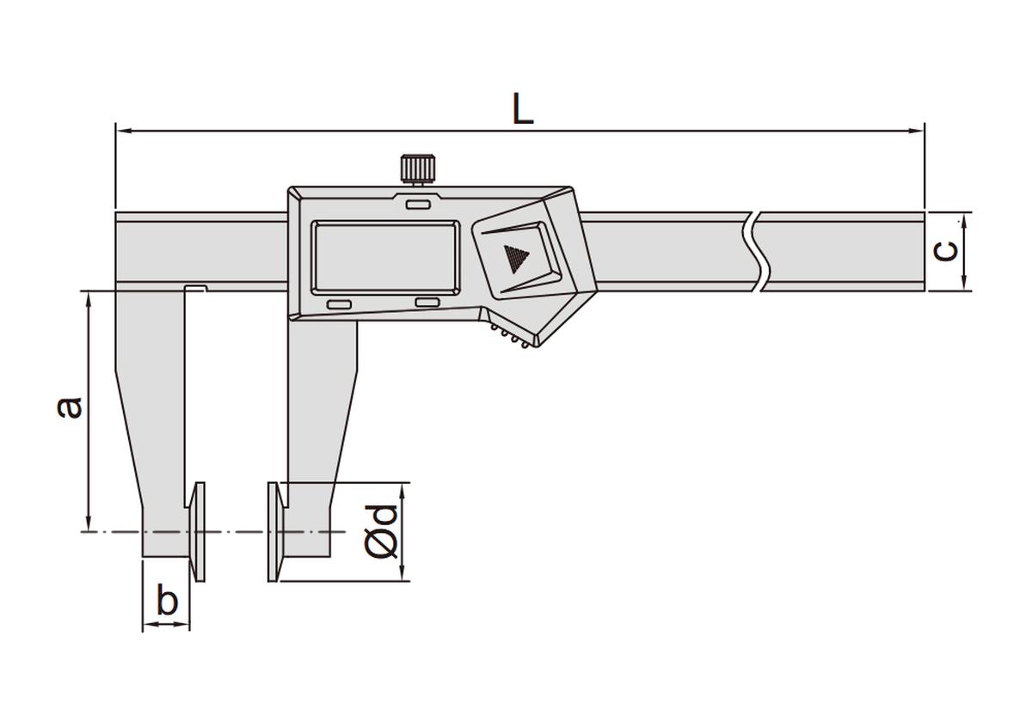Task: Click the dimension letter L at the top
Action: (x=523, y=110)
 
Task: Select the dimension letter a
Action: (x=71, y=406)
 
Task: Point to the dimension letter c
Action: (x=947, y=250)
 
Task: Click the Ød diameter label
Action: (x=381, y=530)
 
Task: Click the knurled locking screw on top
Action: (x=418, y=167)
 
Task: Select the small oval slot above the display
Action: (x=419, y=205)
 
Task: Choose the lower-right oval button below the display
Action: (x=427, y=302)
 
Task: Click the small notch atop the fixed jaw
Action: (x=195, y=288)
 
